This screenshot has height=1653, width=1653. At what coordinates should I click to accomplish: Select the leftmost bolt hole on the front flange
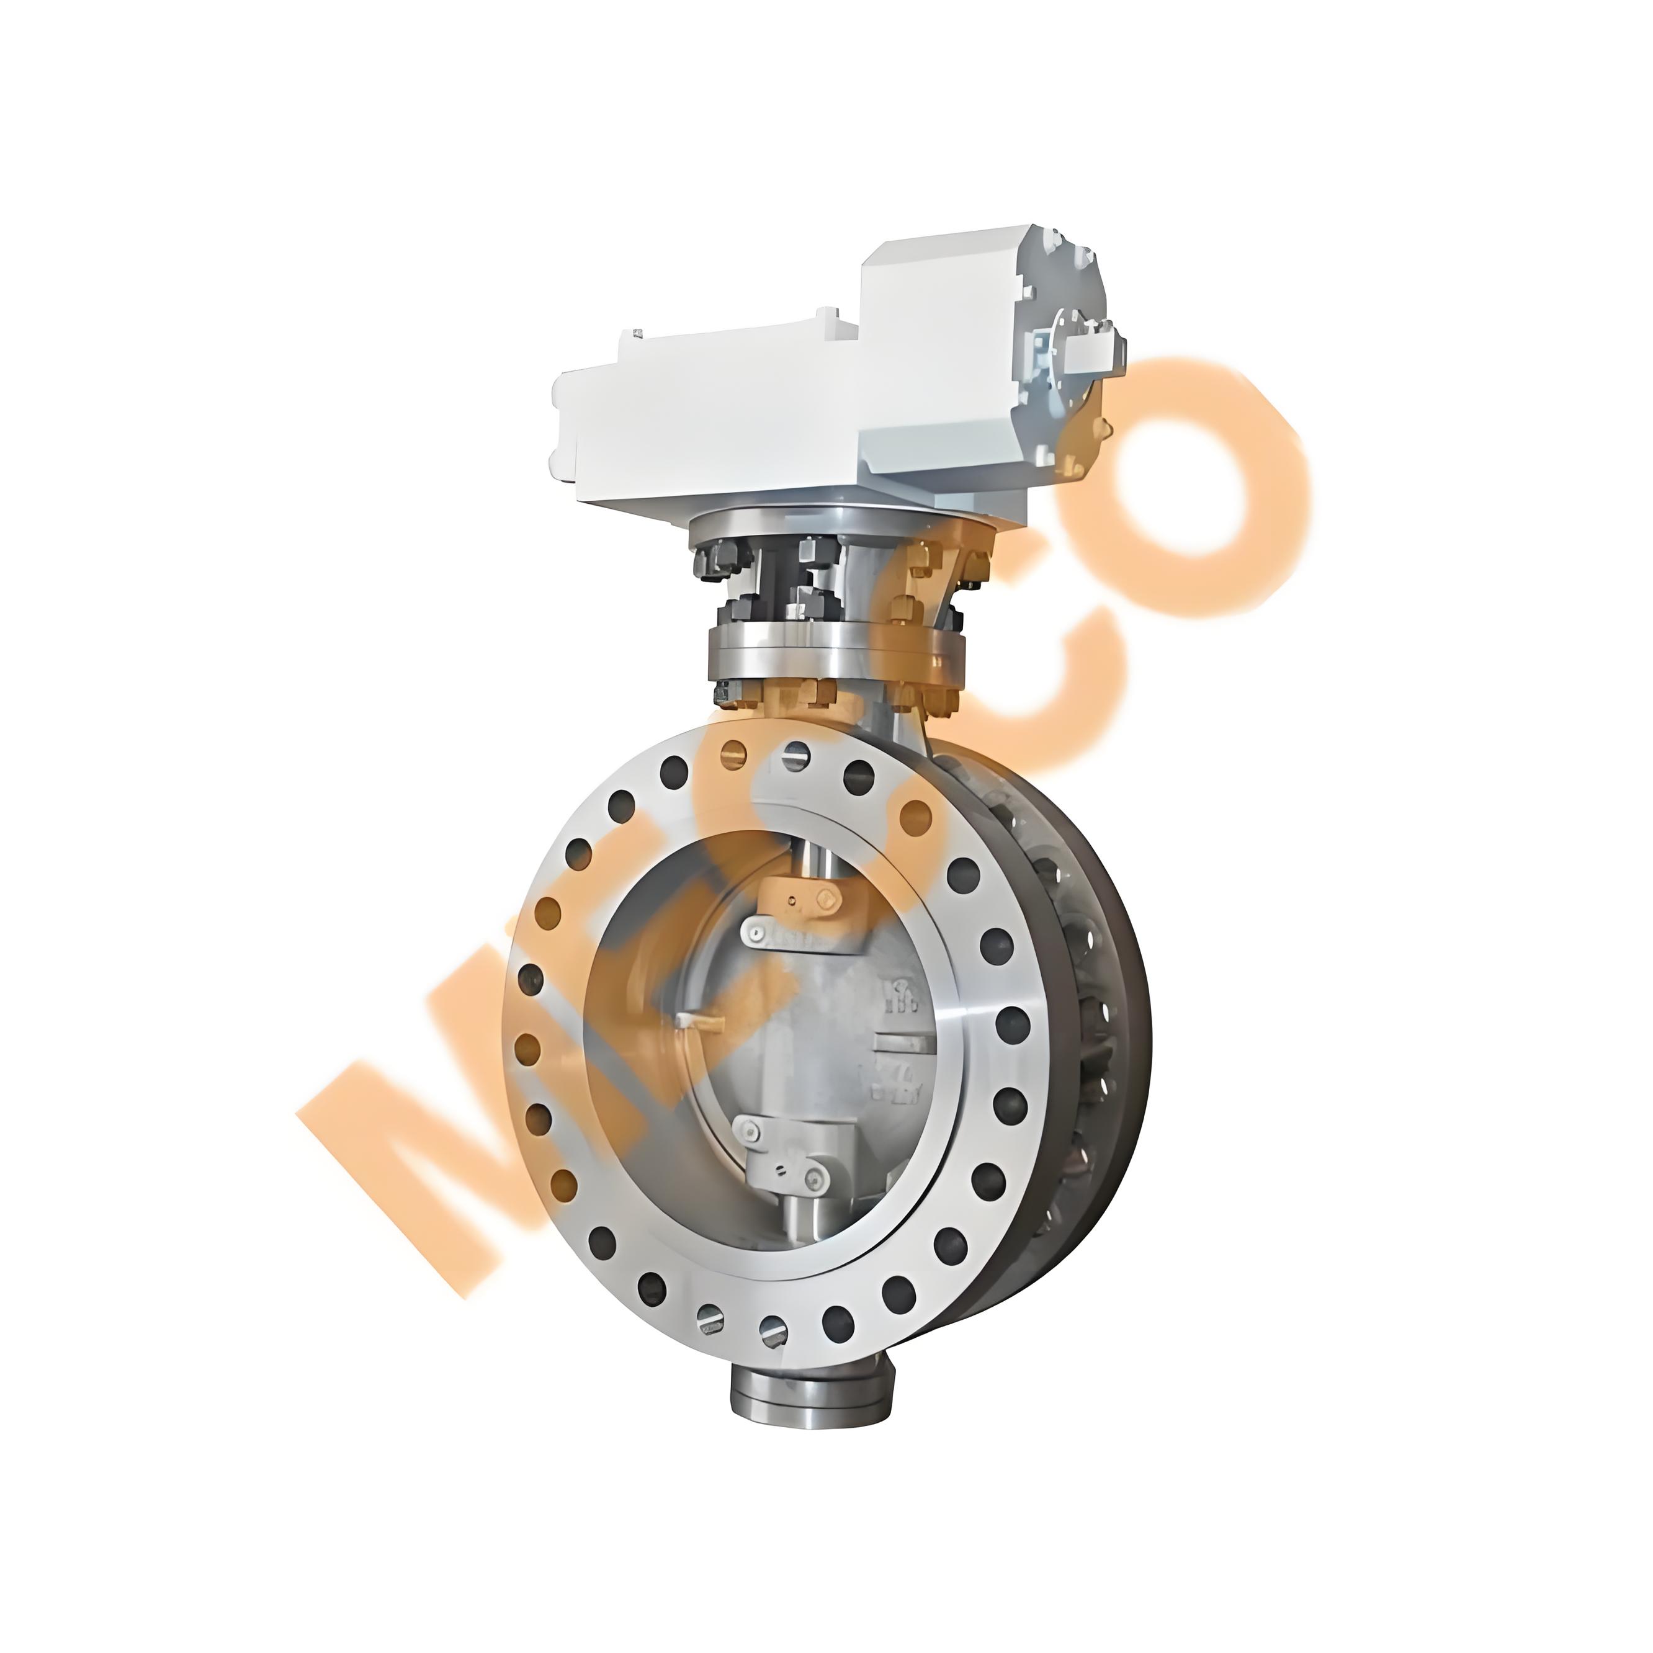(x=531, y=976)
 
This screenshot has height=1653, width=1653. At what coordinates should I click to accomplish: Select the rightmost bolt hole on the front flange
(x=1013, y=1023)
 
